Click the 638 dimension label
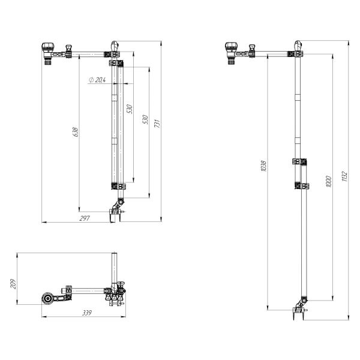74,131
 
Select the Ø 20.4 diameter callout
97,79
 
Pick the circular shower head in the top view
46,299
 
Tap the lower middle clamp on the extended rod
299,186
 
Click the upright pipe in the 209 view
114,270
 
